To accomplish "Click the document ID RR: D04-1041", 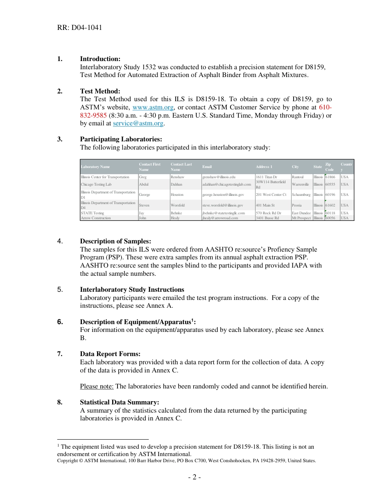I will [79, 27].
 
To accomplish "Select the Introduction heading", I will [100, 59].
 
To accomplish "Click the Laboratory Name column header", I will [95, 167].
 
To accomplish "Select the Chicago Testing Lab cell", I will [96, 184].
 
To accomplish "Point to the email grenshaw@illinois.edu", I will [219, 177].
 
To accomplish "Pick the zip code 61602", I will [330, 205].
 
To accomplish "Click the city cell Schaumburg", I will [301, 195].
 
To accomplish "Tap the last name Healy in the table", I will [175, 218].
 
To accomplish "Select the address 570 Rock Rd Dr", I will [268, 213].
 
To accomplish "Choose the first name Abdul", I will [144, 184].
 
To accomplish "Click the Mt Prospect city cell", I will [301, 218].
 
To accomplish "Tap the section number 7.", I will [60, 354].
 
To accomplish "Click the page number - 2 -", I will [194, 477].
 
